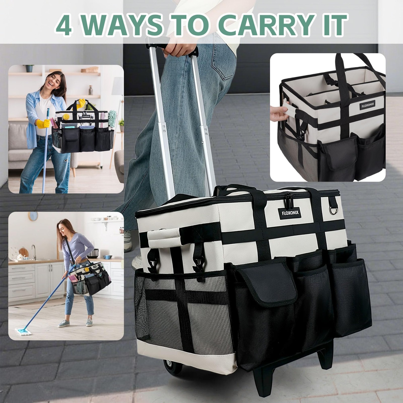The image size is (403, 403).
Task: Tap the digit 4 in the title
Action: (64, 25)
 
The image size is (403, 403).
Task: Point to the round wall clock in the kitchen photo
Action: (33, 216)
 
